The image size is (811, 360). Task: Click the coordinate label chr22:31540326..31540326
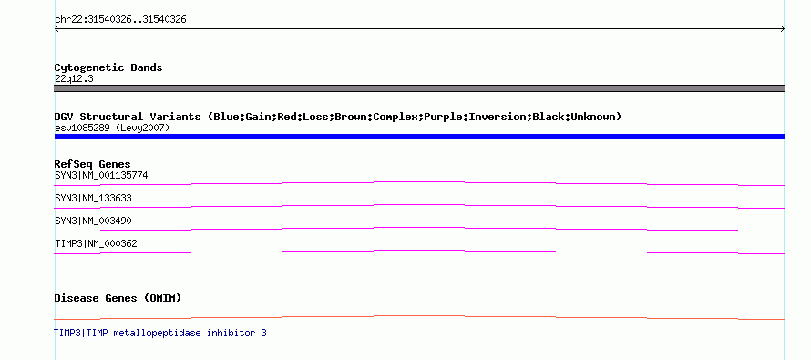120,20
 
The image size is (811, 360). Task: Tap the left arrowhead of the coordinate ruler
56,29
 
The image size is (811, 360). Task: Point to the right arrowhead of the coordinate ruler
782,29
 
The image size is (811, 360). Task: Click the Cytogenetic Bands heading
108,67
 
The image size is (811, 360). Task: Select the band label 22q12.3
74,78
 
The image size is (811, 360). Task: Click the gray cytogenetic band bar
419,88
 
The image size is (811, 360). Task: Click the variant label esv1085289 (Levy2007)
112,128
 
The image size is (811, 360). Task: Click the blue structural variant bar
419,137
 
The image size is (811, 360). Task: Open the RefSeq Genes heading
93,164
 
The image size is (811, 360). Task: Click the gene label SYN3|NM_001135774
101,175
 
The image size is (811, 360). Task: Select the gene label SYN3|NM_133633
93,198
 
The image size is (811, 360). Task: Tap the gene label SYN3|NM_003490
93,221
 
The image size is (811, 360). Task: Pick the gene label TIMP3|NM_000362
96,243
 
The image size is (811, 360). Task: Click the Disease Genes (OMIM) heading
118,298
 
